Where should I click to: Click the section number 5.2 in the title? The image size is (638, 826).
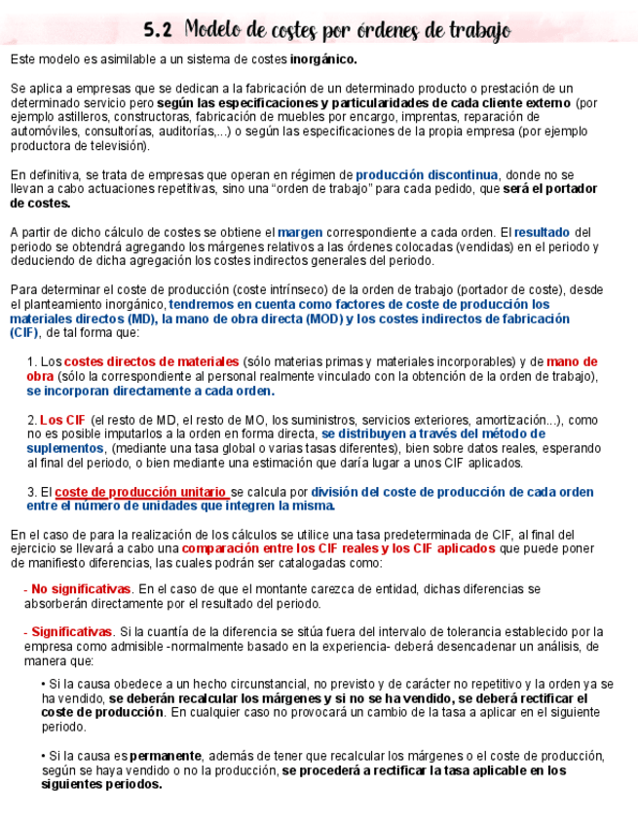[158, 30]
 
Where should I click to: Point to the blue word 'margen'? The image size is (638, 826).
[300, 232]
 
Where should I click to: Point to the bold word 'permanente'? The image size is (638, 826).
[166, 756]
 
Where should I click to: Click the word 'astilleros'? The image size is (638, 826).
[80, 117]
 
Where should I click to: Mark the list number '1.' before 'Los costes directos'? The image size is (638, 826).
[31, 361]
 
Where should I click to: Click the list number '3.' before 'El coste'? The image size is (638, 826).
[31, 492]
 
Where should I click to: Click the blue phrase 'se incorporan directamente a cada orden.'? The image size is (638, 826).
[151, 391]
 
